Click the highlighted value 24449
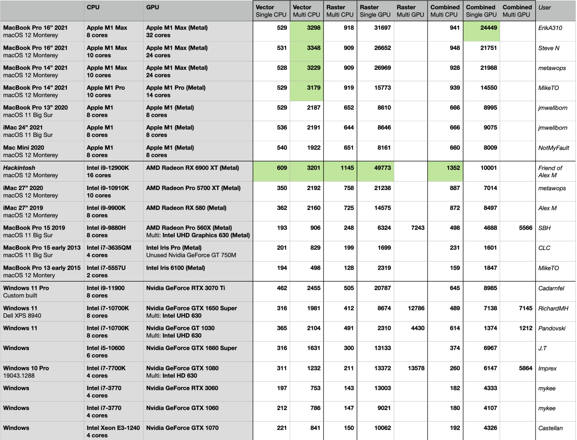pyautogui.click(x=488, y=28)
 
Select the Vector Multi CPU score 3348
pyautogui.click(x=313, y=48)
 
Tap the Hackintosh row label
pyautogui.click(x=19, y=168)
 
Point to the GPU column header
pyautogui.click(x=152, y=7)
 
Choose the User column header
pyautogui.click(x=544, y=7)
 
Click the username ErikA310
pyautogui.click(x=550, y=28)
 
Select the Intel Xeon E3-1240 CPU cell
pyautogui.click(x=113, y=431)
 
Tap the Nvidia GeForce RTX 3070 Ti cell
pyautogui.click(x=185, y=288)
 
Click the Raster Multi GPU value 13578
pyautogui.click(x=416, y=368)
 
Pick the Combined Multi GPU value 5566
pyautogui.click(x=525, y=228)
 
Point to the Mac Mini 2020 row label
pyautogui.click(x=24, y=148)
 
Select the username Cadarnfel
pyautogui.click(x=551, y=288)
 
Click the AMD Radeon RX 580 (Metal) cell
pyautogui.click(x=186, y=208)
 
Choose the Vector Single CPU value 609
pyautogui.click(x=282, y=168)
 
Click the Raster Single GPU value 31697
pyautogui.click(x=382, y=28)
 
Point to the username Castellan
pyautogui.click(x=550, y=428)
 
